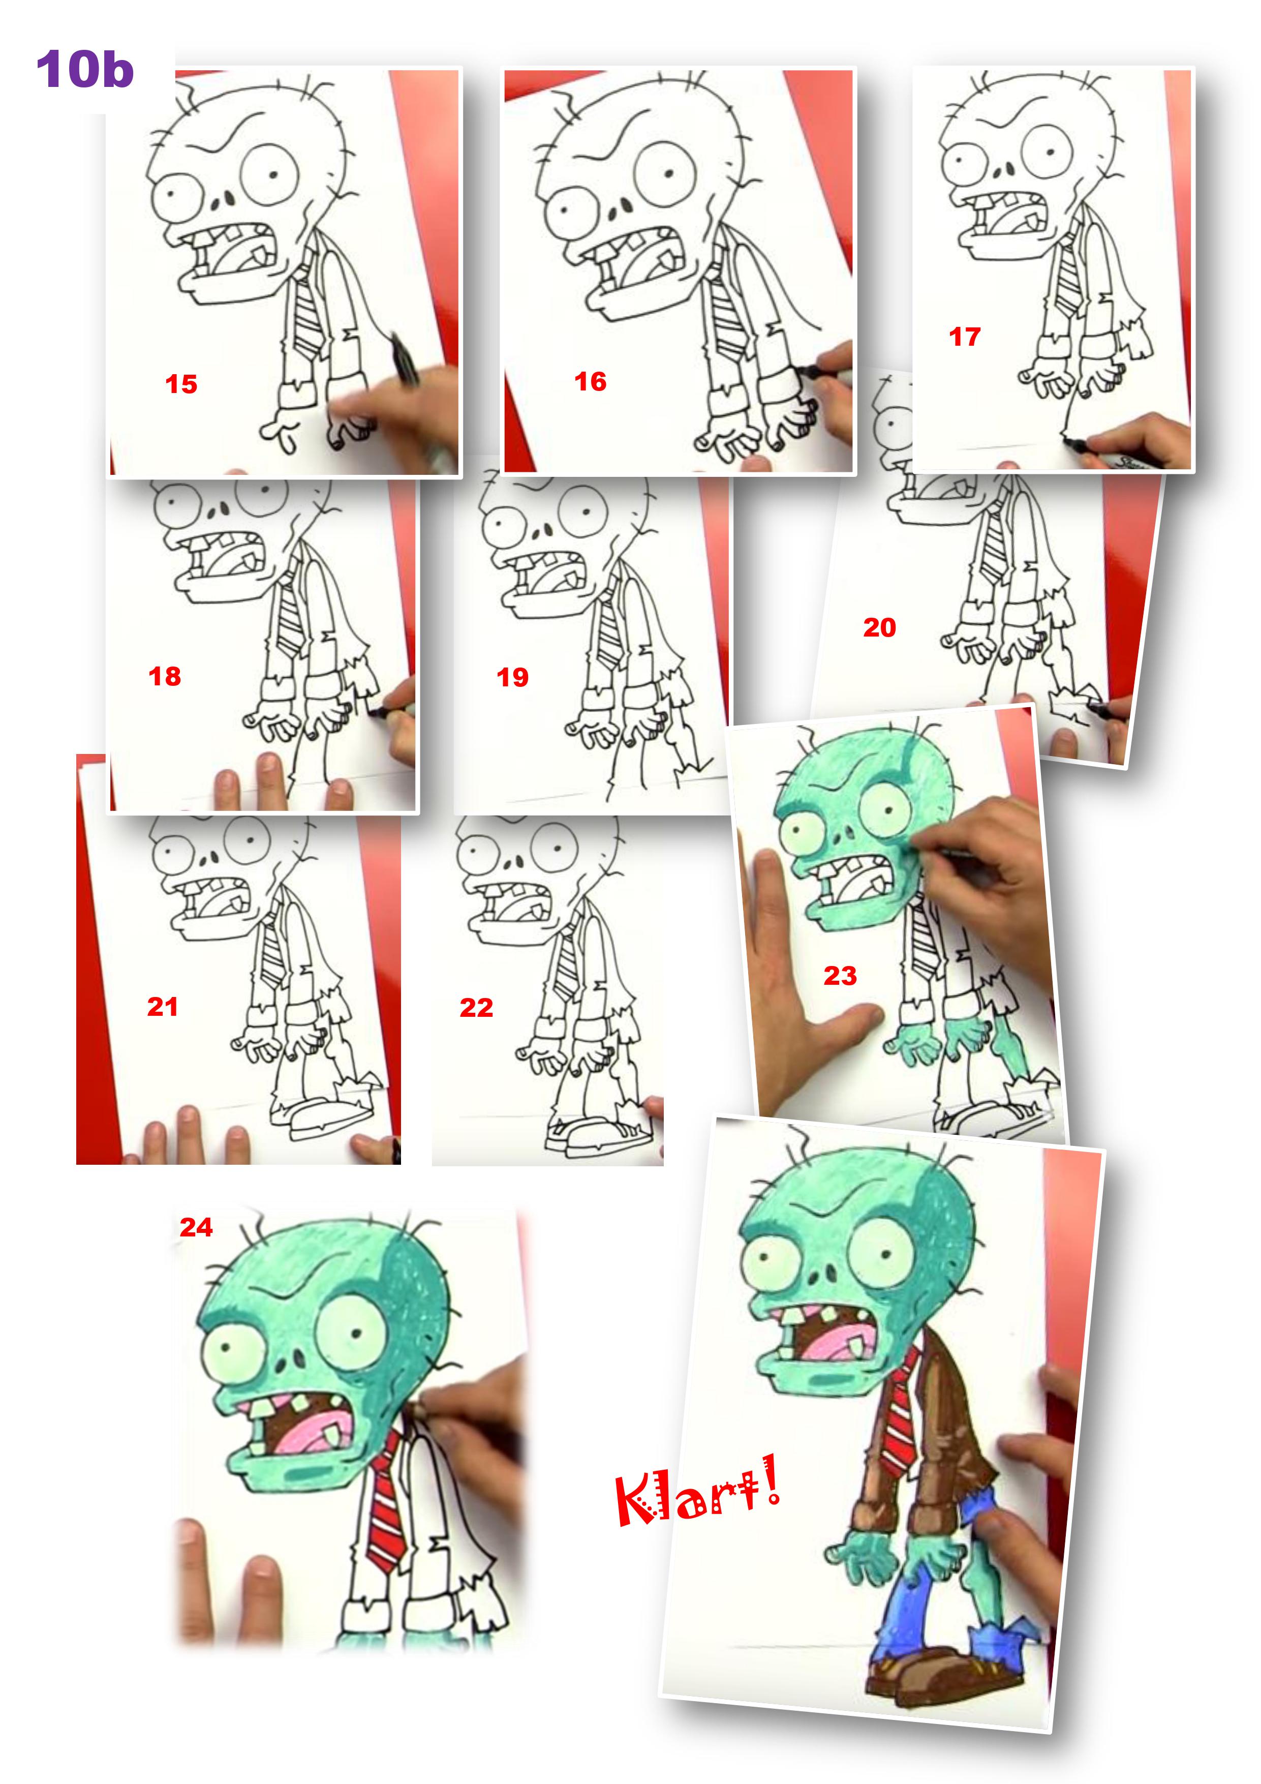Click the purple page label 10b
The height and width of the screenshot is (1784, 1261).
tap(85, 69)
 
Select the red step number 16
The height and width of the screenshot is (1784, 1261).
tap(591, 381)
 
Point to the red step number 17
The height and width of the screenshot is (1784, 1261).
tap(965, 337)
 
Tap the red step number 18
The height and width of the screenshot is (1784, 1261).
tap(165, 676)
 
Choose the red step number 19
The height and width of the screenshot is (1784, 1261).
tap(513, 677)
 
